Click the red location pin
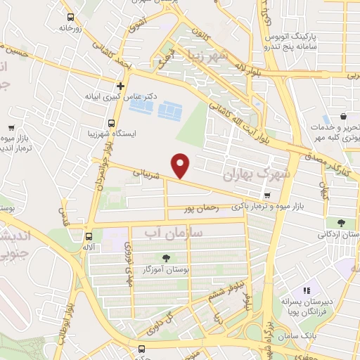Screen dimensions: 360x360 pos(181,165)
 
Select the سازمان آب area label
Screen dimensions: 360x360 pos(173,231)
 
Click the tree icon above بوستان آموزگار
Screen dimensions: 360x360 pos(167,258)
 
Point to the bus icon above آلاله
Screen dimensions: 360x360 pos(89,237)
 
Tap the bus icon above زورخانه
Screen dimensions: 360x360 pos(70,17)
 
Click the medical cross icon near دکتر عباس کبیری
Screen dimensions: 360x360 pos(120,86)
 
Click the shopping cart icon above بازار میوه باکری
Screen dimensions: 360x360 pos(266,195)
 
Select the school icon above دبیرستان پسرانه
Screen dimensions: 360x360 pos(306,290)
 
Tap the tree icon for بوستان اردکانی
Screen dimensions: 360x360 pos(341,222)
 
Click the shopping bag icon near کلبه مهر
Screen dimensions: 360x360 pos(342,116)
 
